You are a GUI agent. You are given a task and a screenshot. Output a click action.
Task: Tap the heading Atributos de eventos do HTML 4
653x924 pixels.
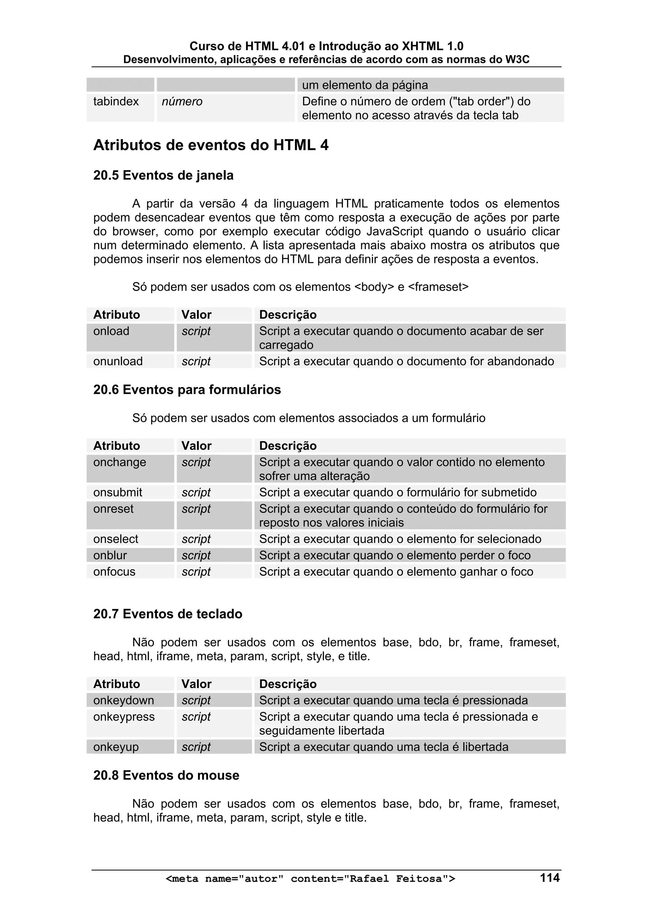[x=211, y=145]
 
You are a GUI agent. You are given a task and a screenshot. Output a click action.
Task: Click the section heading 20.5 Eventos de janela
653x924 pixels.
[x=163, y=175]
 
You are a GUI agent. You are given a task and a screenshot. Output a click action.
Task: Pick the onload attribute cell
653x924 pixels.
[x=112, y=331]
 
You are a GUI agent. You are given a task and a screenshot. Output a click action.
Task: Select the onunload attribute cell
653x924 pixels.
[x=118, y=361]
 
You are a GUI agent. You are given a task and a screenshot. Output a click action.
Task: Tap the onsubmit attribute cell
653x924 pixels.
[x=118, y=492]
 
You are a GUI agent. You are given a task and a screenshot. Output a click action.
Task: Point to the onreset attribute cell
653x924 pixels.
[x=114, y=509]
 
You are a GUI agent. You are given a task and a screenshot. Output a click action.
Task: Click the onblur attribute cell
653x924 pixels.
[x=110, y=556]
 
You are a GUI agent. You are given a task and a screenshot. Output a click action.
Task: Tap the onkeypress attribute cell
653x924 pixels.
[x=124, y=717]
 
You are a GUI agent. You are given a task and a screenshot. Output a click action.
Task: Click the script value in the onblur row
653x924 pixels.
[x=196, y=556]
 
